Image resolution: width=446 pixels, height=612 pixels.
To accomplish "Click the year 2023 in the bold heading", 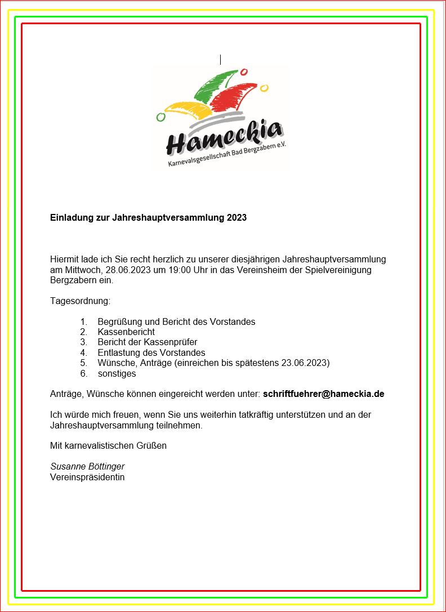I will tap(237, 217).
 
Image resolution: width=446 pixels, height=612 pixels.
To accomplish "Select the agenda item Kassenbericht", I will tap(126, 332).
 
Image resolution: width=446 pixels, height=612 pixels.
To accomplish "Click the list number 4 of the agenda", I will tap(83, 352).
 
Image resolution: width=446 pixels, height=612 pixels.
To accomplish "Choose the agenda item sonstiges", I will tap(117, 373).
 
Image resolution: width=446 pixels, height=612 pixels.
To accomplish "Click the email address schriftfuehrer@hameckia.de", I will tap(323, 394).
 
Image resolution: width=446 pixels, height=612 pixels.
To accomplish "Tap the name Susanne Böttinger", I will tap(87, 467).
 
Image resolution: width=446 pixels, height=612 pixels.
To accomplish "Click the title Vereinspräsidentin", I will tap(87, 477).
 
